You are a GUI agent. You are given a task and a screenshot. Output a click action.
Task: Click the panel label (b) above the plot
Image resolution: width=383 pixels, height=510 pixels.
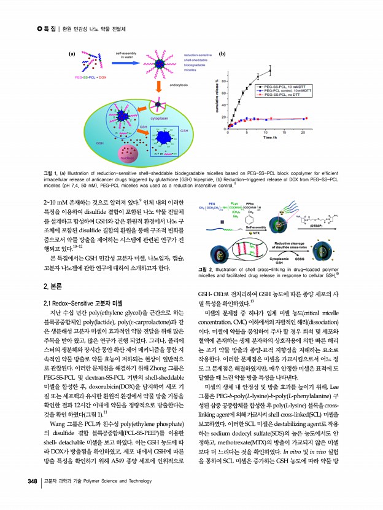tap(222, 54)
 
